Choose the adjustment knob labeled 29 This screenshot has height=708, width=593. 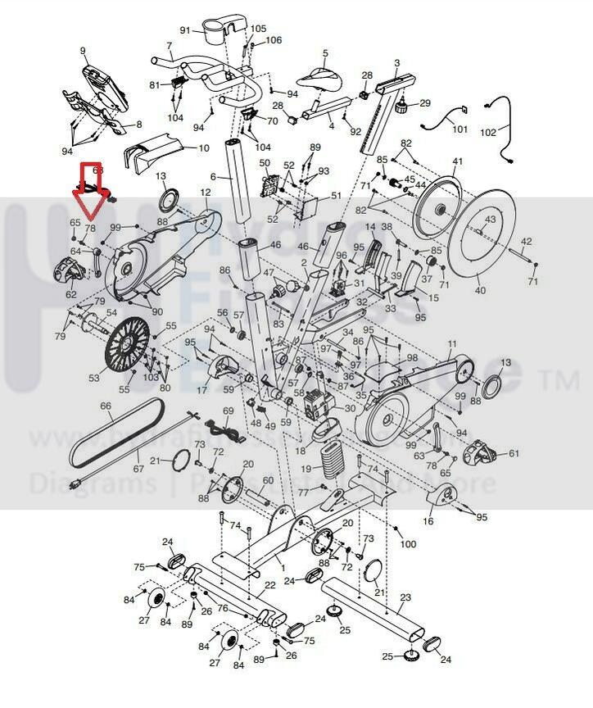pos(401,107)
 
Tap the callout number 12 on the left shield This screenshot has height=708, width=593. pos(205,193)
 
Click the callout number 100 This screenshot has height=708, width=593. pos(408,544)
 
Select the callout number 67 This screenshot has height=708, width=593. pos(138,469)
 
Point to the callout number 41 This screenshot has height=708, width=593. pos(458,161)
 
